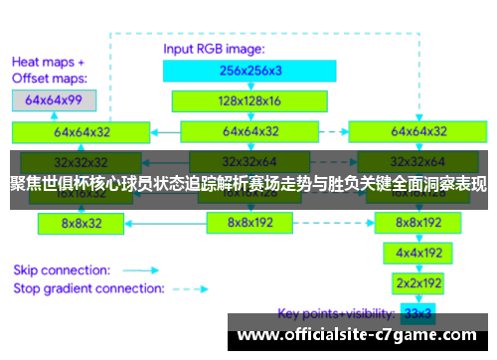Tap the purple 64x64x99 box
pos(54,100)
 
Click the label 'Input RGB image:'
pos(215,48)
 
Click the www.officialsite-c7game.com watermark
pos(358,335)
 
